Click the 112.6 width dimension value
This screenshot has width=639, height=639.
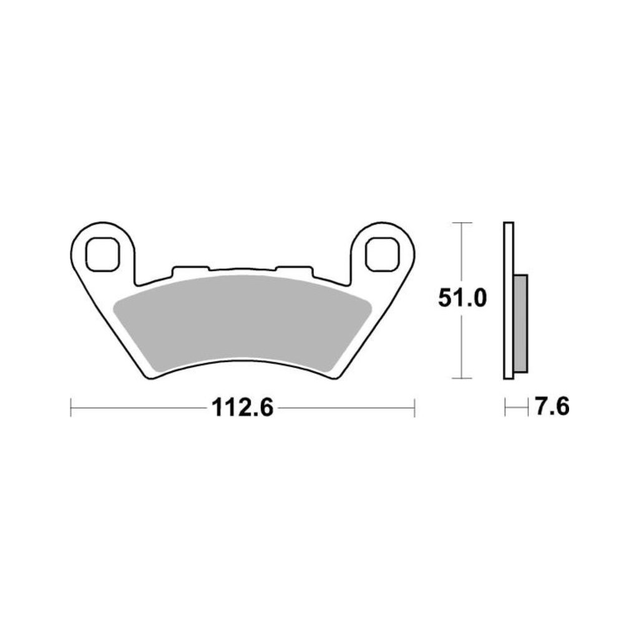243,407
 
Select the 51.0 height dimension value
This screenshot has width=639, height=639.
462,298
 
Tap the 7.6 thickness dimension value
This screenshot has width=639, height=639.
552,406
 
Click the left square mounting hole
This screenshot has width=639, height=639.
102,255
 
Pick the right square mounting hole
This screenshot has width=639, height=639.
382,255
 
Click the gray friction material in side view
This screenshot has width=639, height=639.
520,324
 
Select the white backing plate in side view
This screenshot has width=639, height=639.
509,301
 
